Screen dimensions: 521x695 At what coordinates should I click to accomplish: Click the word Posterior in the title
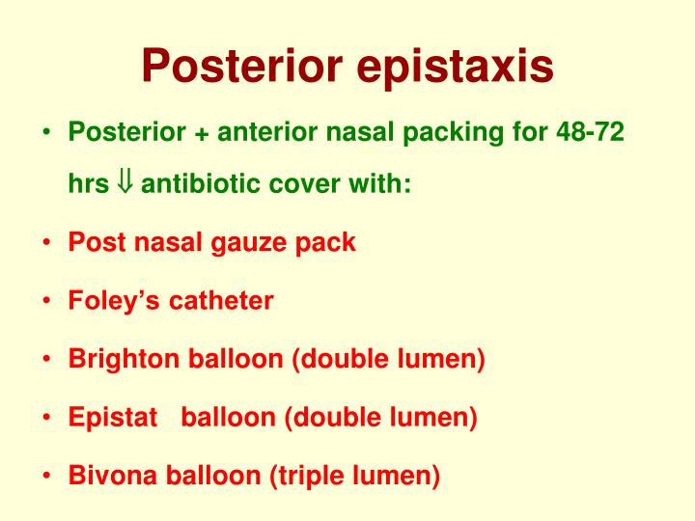tap(245, 66)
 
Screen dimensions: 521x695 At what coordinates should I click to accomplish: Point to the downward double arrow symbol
tap(126, 183)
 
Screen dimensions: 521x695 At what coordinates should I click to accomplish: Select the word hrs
tap(88, 183)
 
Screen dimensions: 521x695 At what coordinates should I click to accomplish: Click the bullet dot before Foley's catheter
tap(47, 301)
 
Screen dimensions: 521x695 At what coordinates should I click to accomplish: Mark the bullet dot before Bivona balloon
tap(47, 476)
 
